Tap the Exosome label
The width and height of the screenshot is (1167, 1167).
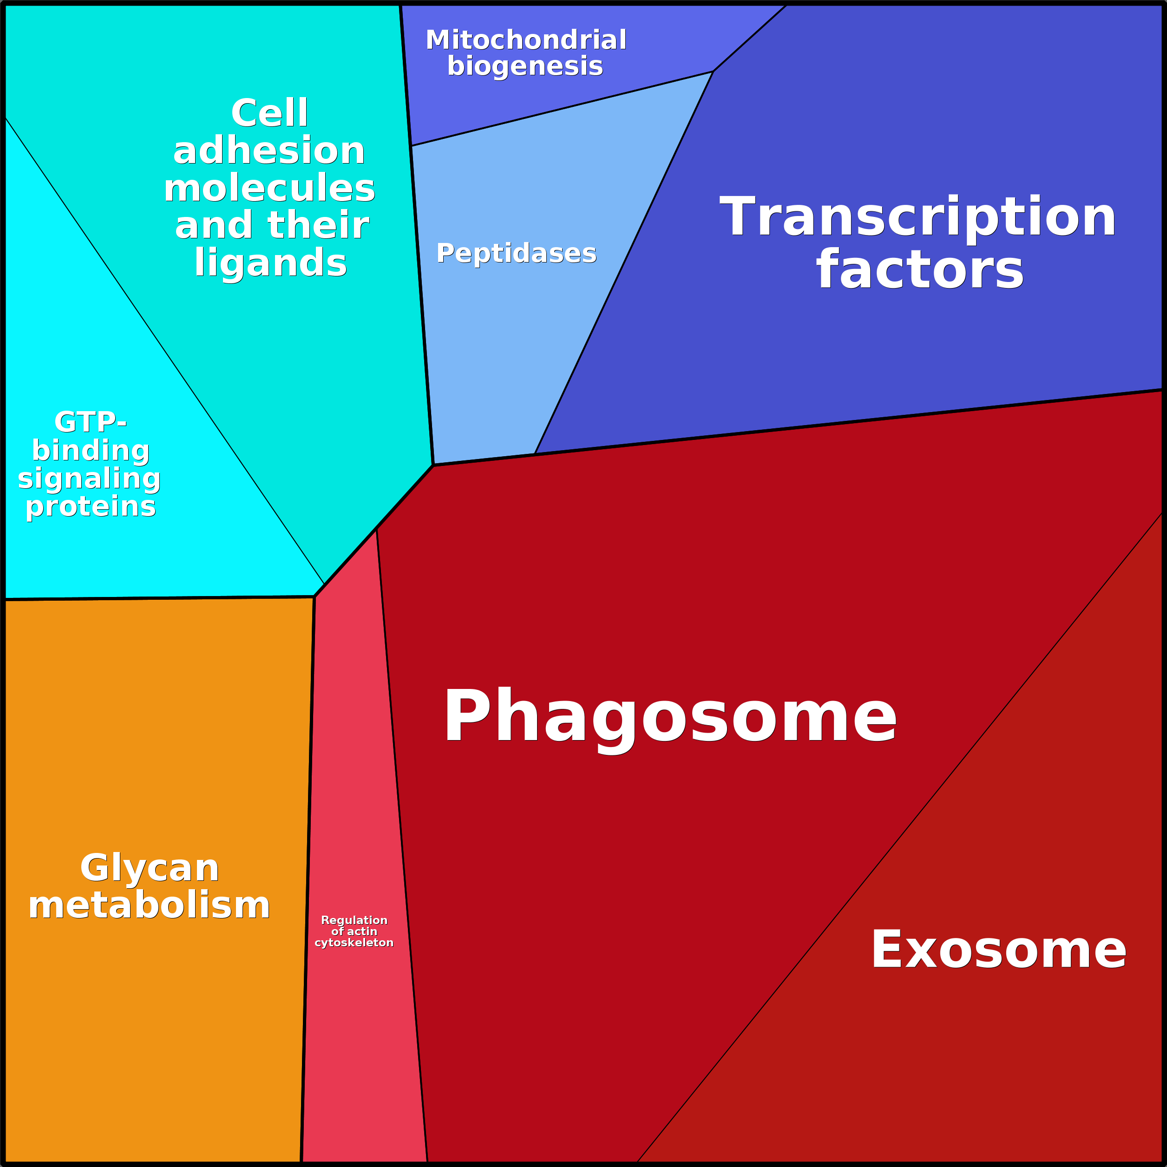click(x=998, y=950)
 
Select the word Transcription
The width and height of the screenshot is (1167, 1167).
click(x=918, y=217)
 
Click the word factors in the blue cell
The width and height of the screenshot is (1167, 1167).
click(x=920, y=270)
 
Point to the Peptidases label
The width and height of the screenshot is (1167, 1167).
click(x=517, y=253)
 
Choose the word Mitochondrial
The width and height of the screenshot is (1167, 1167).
click(x=526, y=40)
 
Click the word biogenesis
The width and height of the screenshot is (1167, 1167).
click(x=525, y=66)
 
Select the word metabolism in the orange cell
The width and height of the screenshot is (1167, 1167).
click(x=149, y=906)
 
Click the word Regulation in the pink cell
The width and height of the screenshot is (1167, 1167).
click(x=354, y=920)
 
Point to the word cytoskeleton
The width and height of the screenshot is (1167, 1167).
click(x=354, y=942)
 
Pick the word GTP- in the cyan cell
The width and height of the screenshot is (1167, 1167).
click(x=91, y=422)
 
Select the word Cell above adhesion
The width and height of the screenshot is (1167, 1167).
click(x=269, y=113)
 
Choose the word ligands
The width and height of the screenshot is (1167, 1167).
click(x=270, y=263)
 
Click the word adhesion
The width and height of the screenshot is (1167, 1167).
click(x=269, y=151)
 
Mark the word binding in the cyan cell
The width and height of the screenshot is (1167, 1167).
click(x=91, y=451)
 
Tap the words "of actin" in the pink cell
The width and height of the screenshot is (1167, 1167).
click(x=354, y=931)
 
